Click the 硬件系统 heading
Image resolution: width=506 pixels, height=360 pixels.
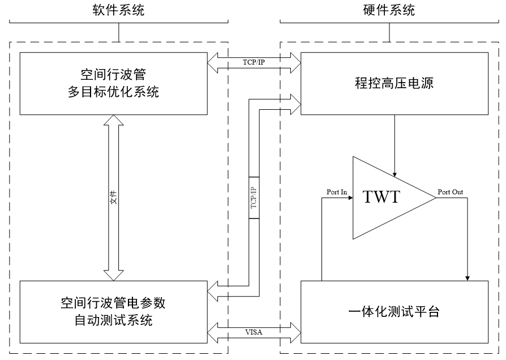click(x=388, y=10)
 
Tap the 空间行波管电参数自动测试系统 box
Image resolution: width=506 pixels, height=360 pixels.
click(x=114, y=311)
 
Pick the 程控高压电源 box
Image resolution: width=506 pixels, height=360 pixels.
click(x=394, y=84)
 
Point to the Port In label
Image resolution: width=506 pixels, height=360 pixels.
click(x=337, y=192)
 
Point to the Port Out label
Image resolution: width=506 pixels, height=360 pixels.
click(x=451, y=192)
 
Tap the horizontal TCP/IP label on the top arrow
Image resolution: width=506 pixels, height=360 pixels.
click(x=254, y=61)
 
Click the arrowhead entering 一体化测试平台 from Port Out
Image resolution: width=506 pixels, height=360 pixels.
click(x=468, y=277)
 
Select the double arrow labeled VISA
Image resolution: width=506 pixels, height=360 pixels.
click(x=254, y=326)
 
